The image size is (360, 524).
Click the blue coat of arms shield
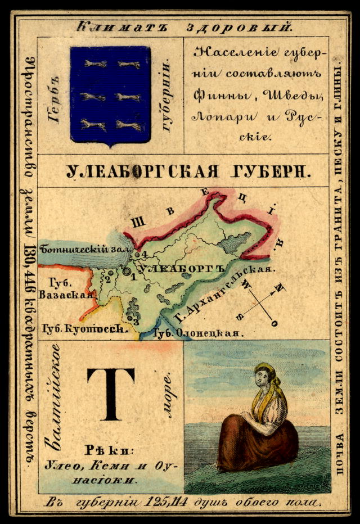point(110,94)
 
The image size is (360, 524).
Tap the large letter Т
point(111,394)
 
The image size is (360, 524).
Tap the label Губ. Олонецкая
point(199,333)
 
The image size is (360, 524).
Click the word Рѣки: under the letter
point(111,450)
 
